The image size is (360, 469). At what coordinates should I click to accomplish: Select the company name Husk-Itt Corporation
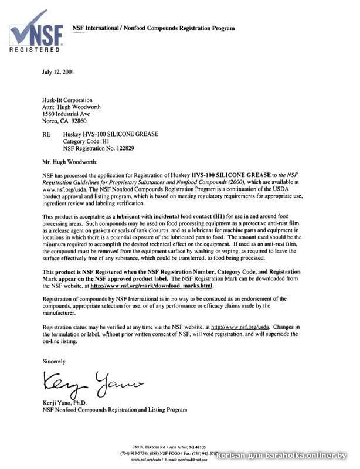coord(70,100)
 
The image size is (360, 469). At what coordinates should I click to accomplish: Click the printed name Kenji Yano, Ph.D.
coord(66,403)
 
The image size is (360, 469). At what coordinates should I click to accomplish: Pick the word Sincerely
coord(55,362)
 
